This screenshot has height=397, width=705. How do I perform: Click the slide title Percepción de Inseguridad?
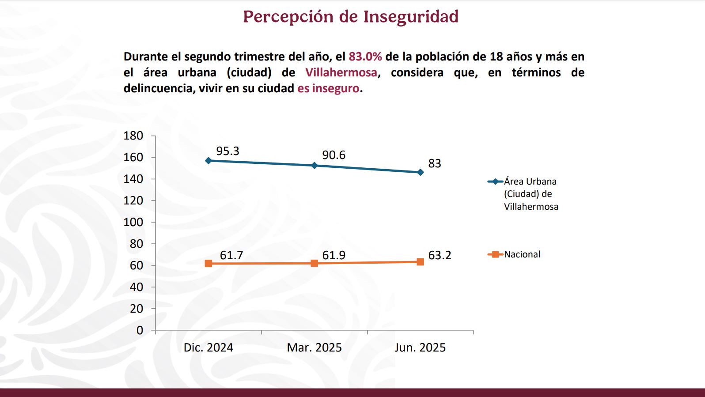coord(351,17)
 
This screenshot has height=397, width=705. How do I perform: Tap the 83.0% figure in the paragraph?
coord(365,57)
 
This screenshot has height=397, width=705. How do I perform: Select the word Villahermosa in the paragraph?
coord(341,72)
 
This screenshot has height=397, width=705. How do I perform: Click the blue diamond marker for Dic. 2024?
coord(208,160)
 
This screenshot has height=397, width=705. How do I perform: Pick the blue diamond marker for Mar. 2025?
coord(315,166)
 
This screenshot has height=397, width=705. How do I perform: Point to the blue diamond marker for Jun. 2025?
coord(420,172)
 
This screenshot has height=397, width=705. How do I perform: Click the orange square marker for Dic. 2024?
coord(208,264)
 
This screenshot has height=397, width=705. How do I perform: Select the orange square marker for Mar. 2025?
coord(315,263)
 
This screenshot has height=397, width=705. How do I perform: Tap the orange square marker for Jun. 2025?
coord(420,262)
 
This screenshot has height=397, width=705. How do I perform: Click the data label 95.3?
coord(227,151)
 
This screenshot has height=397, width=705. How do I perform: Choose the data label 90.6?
coord(334,155)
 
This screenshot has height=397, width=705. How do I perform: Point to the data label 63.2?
coord(440,255)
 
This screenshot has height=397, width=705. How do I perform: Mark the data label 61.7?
coord(231,255)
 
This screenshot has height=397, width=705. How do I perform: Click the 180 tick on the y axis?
coord(133,136)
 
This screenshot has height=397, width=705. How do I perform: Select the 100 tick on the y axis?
coord(133,222)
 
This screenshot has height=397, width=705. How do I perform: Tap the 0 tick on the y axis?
coord(140,330)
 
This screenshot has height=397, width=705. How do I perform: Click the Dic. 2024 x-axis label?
coord(208,348)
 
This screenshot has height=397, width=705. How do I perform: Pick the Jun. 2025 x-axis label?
coord(420,348)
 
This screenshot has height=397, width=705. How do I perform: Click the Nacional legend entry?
coord(522,254)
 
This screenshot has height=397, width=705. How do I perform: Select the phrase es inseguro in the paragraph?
coord(328,88)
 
